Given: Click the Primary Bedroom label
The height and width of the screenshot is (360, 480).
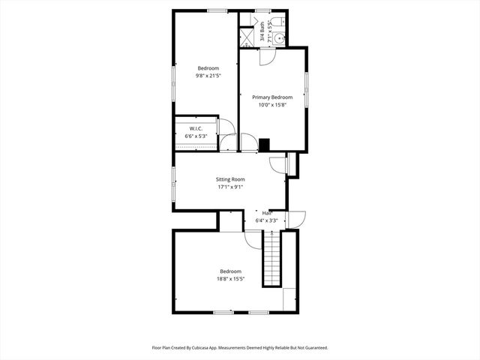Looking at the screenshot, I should (x=271, y=97).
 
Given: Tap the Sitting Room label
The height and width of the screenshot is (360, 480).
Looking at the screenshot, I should (x=230, y=179).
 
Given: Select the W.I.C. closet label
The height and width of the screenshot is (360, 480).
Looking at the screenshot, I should (x=196, y=128).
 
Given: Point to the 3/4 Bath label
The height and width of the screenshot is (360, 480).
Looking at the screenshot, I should (x=262, y=33).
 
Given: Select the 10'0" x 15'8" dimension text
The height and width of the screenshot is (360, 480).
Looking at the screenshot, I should (x=271, y=105).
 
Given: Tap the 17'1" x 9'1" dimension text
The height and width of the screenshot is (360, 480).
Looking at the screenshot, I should (x=230, y=187).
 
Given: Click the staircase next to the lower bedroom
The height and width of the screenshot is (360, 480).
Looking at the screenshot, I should (x=271, y=258).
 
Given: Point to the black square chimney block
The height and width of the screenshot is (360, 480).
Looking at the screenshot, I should (x=263, y=144).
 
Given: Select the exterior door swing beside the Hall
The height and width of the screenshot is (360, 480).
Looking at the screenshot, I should (x=296, y=219).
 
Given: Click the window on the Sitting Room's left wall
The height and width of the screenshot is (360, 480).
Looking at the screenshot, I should (x=174, y=184).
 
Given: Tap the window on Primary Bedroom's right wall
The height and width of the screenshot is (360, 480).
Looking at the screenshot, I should (x=306, y=91).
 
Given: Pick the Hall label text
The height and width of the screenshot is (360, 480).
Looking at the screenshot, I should (x=267, y=213).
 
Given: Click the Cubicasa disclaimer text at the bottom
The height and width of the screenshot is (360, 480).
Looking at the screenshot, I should (x=240, y=348).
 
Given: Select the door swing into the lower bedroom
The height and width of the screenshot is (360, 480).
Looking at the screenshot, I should (x=253, y=239).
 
